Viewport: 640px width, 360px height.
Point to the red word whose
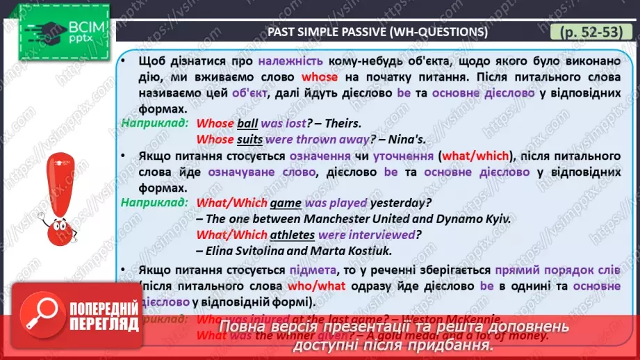click(x=320, y=76)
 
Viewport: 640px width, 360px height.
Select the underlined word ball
click(x=247, y=124)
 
